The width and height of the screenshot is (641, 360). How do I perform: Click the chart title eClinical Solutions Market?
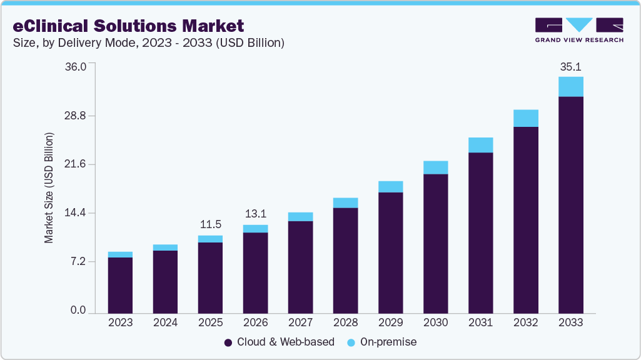(128, 26)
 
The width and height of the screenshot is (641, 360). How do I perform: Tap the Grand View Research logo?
(579, 29)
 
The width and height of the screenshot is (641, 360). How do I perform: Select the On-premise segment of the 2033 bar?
(570, 87)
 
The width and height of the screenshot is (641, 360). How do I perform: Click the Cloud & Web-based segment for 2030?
(435, 243)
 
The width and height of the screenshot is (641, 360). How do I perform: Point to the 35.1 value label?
(570, 66)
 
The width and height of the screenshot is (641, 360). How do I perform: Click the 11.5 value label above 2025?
(210, 224)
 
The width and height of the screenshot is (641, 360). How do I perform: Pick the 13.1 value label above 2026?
(255, 214)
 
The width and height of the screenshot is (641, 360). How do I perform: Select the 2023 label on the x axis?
(120, 322)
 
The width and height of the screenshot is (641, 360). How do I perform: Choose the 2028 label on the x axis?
(345, 322)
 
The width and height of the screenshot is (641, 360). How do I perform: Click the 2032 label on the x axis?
(525, 322)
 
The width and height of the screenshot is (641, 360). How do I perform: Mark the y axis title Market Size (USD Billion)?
(49, 187)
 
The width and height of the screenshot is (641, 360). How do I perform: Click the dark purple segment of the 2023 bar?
(120, 285)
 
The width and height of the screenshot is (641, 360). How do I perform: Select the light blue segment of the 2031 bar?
(480, 145)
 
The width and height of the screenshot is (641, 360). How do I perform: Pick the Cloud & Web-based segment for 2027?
(300, 267)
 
